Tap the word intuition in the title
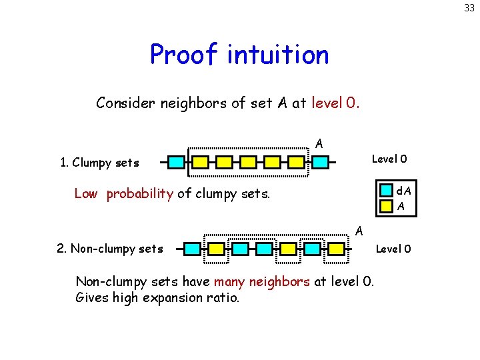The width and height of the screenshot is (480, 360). click(x=278, y=55)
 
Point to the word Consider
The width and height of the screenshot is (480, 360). click(x=125, y=103)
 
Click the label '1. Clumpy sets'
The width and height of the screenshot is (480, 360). click(x=99, y=163)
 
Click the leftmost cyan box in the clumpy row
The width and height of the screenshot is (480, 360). click(x=175, y=162)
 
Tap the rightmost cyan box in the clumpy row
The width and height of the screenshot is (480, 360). click(x=321, y=162)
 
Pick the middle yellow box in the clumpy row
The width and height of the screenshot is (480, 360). click(x=248, y=162)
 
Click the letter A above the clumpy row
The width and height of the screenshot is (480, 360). click(x=319, y=143)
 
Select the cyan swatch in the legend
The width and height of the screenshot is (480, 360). click(x=386, y=191)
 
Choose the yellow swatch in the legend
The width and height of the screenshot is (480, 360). click(x=386, y=206)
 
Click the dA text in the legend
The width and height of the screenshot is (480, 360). click(x=403, y=192)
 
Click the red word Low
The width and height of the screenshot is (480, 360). click(x=85, y=194)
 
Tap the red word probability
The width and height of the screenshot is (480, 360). click(x=140, y=195)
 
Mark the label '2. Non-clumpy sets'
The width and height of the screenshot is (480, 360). click(x=110, y=249)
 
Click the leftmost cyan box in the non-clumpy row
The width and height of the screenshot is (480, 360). click(x=192, y=249)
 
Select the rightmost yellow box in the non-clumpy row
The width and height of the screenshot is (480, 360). click(x=337, y=249)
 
